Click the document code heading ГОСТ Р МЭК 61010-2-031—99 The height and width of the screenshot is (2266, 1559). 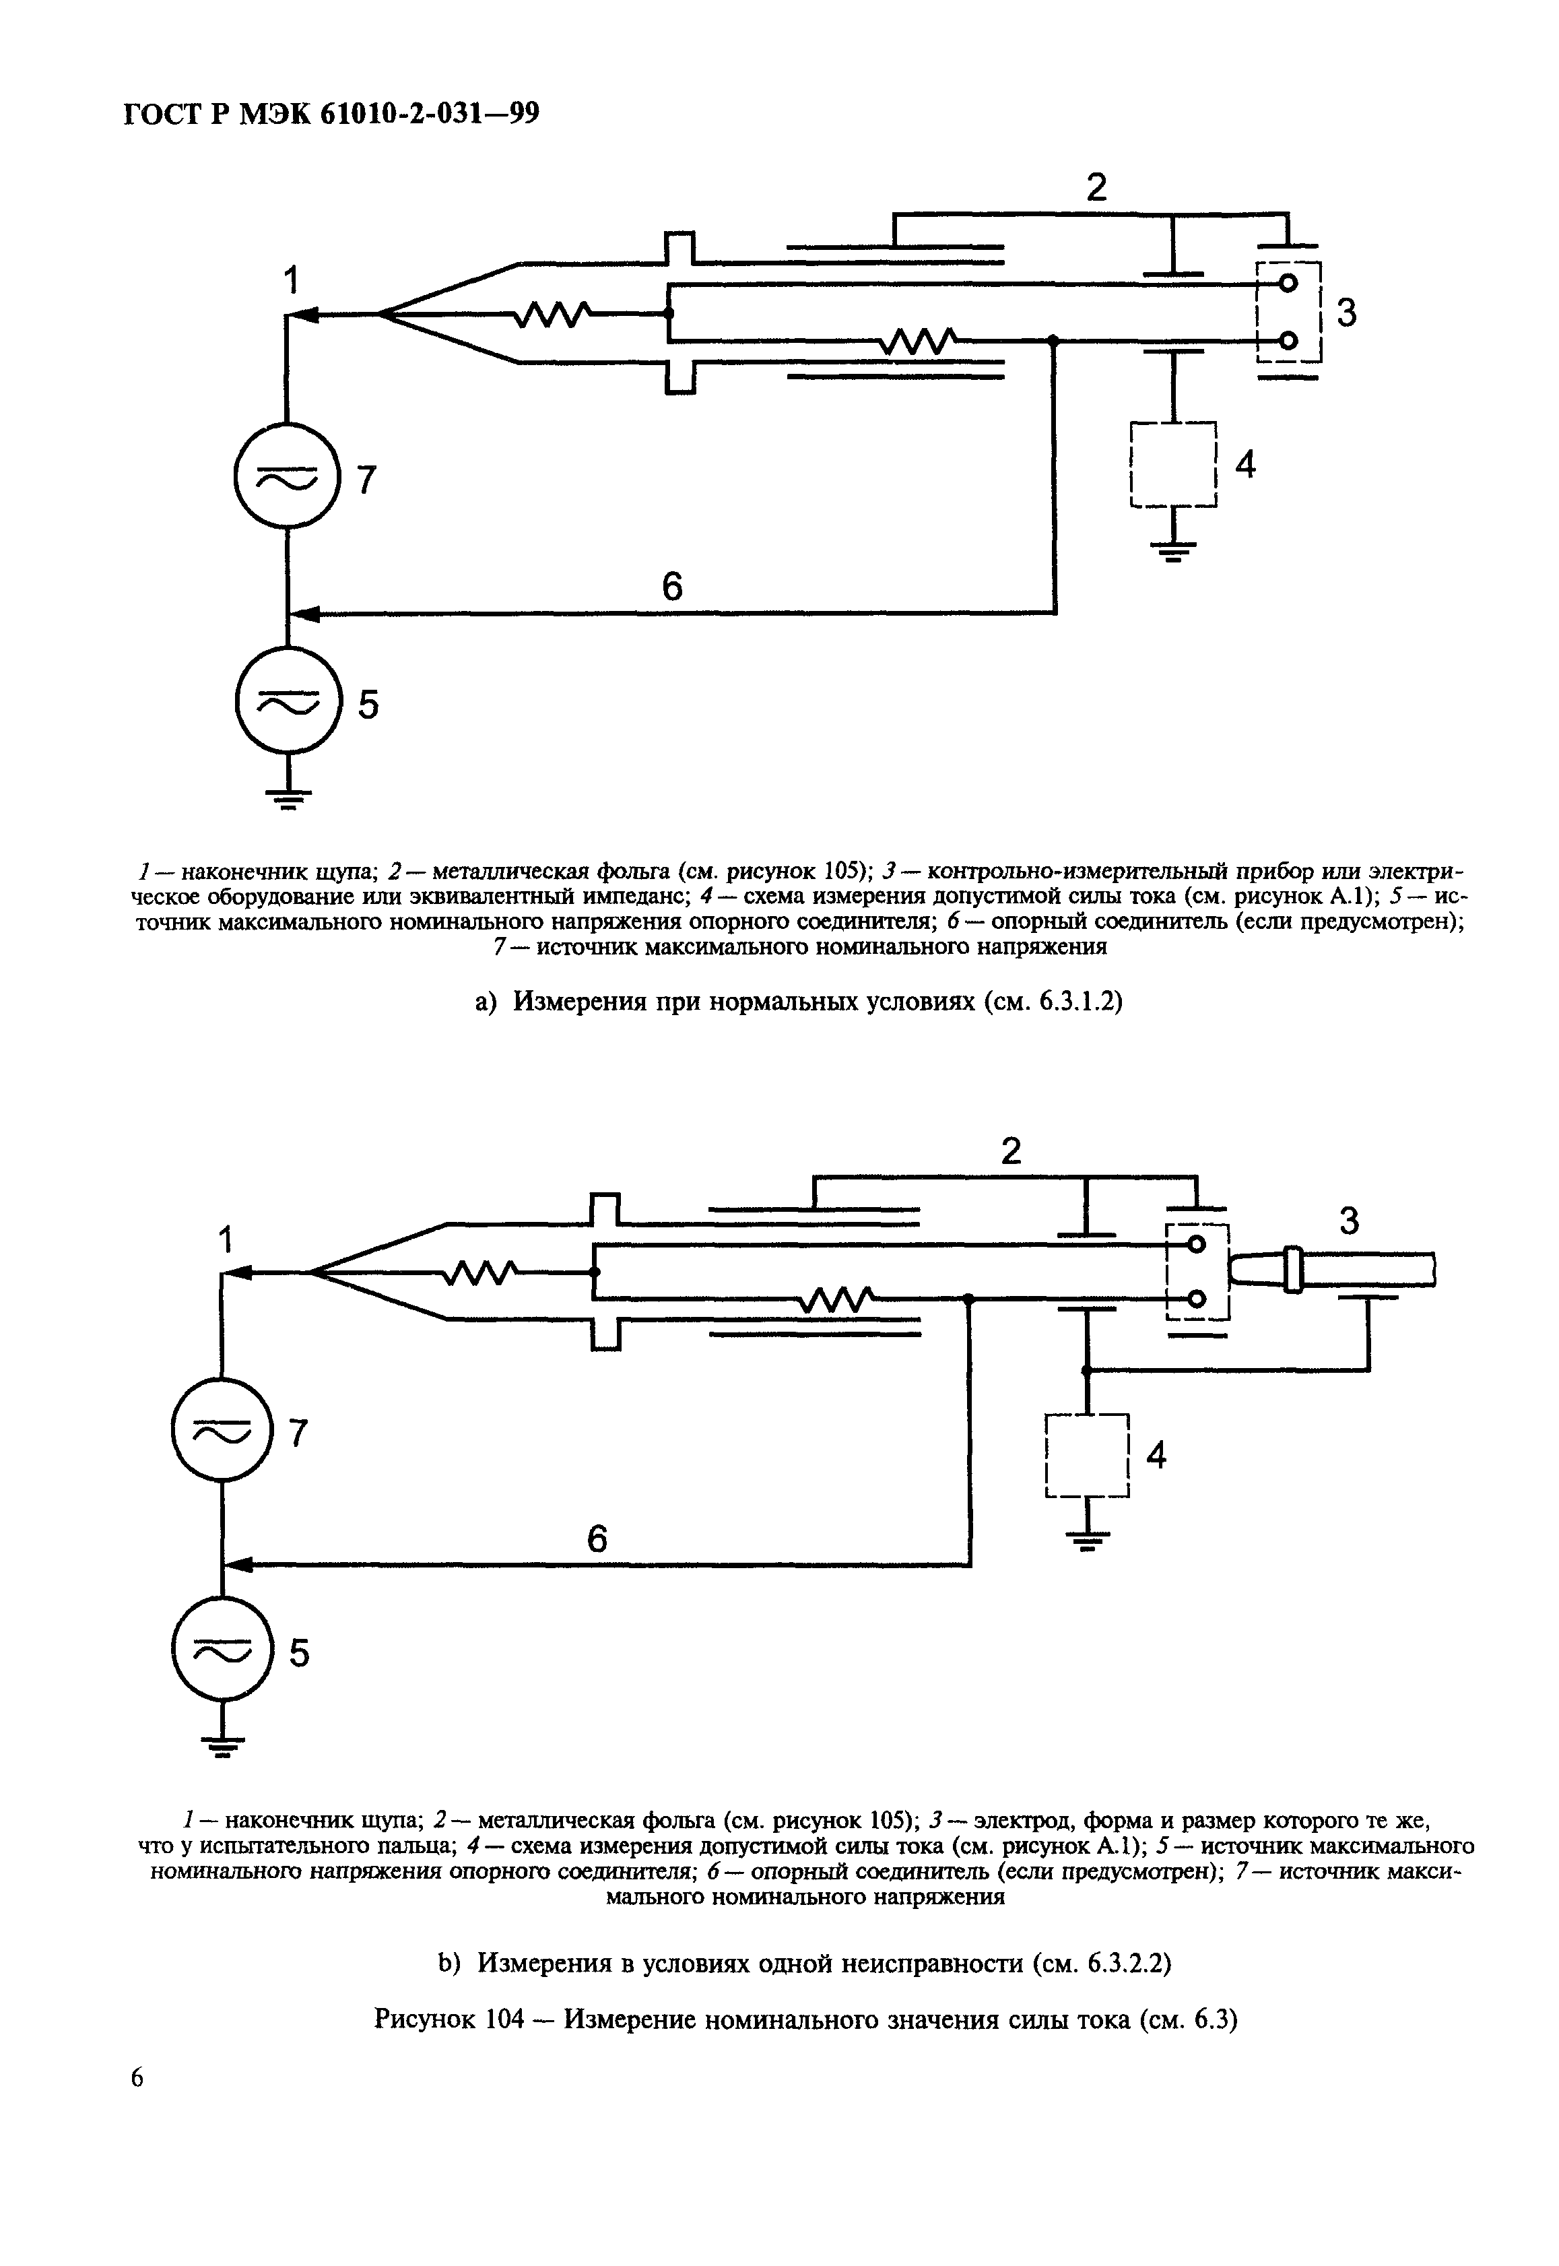(332, 115)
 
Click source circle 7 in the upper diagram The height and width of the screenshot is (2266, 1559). (287, 477)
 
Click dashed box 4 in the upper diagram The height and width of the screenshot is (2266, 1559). (1173, 464)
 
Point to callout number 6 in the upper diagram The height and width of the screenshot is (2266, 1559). (672, 586)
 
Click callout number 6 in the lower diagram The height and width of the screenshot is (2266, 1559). (597, 1539)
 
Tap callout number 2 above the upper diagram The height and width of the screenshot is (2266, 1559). (1097, 187)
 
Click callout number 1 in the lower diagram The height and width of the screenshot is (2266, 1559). (227, 1241)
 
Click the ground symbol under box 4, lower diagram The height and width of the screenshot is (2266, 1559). (1087, 1541)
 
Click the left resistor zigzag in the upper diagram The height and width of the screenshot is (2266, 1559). (554, 314)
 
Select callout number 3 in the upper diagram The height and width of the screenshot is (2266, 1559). (1346, 313)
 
